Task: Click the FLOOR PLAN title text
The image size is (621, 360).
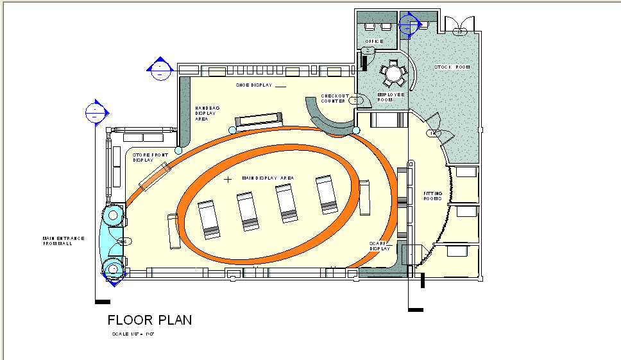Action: click(x=149, y=320)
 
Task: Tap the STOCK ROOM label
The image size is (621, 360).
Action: click(x=452, y=67)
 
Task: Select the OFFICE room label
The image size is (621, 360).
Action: click(x=375, y=42)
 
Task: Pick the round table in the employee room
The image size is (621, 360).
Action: click(x=393, y=73)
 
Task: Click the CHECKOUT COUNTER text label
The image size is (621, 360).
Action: click(x=334, y=98)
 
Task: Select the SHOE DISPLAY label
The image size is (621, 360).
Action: click(x=253, y=85)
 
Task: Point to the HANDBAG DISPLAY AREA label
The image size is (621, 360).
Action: click(x=207, y=113)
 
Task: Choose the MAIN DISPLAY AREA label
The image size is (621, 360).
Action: click(x=268, y=178)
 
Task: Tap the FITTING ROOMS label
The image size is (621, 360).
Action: click(x=432, y=196)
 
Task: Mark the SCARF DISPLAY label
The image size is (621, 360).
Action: click(x=380, y=246)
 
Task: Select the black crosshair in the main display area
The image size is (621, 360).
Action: click(x=227, y=180)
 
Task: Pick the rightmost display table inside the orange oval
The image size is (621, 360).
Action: click(x=327, y=194)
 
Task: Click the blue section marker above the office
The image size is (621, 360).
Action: click(x=409, y=26)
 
